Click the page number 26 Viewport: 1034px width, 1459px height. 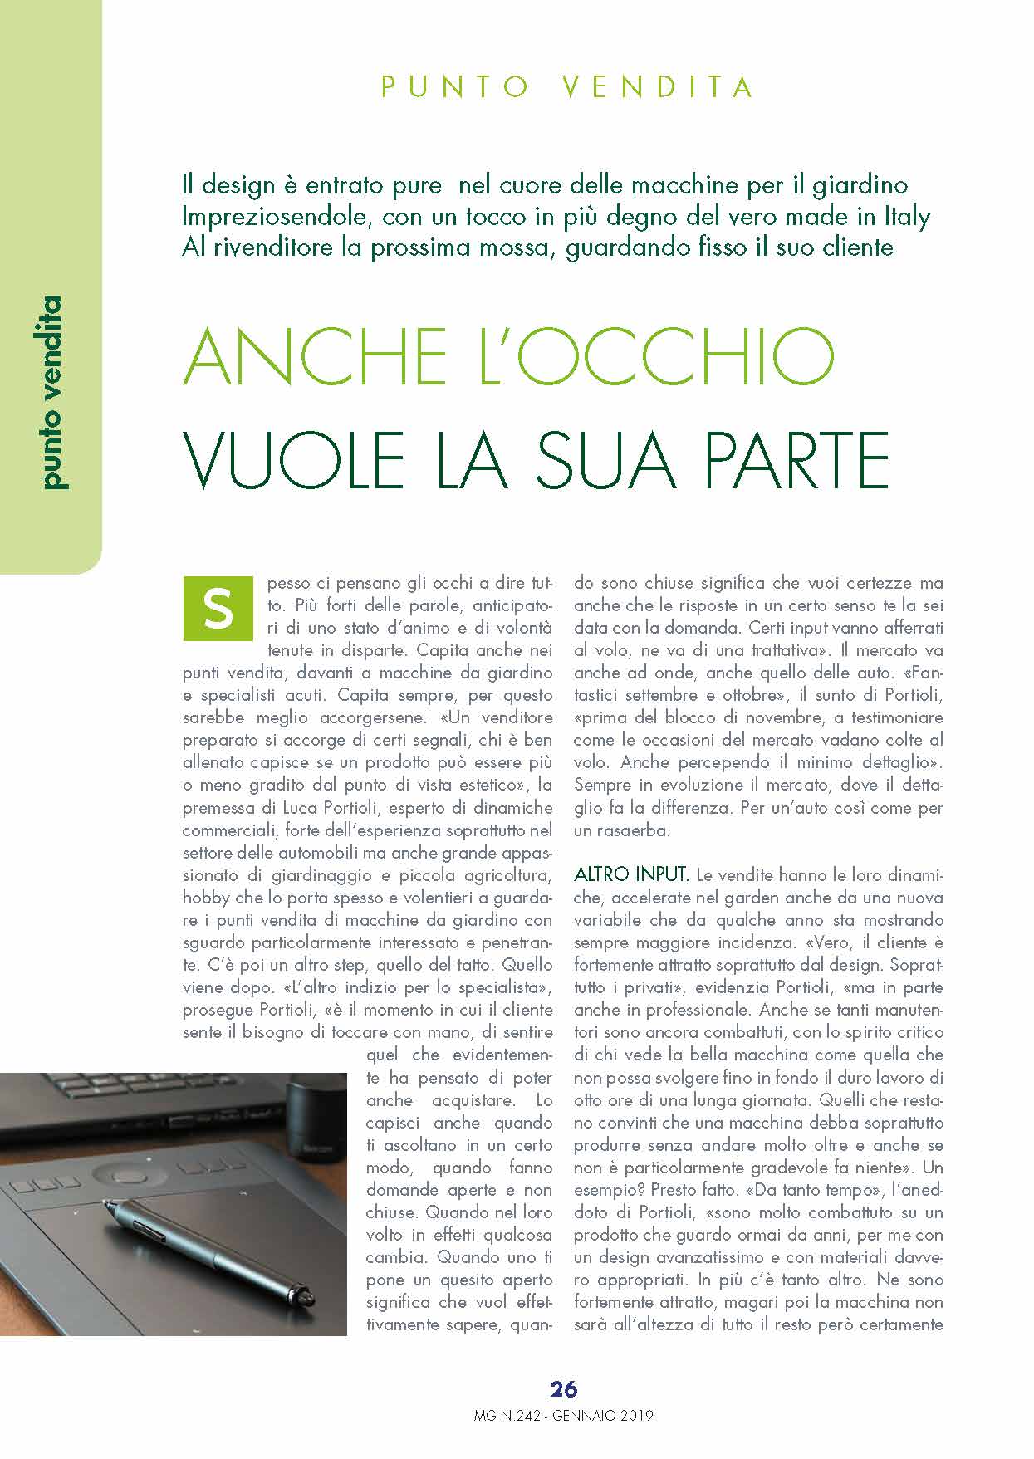tap(563, 1388)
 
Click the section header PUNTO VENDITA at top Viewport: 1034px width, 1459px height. tap(567, 86)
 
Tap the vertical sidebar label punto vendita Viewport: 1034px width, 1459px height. tap(51, 392)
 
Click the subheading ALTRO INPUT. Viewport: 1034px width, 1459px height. tap(631, 874)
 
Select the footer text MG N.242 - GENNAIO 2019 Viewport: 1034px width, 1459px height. tap(563, 1416)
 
